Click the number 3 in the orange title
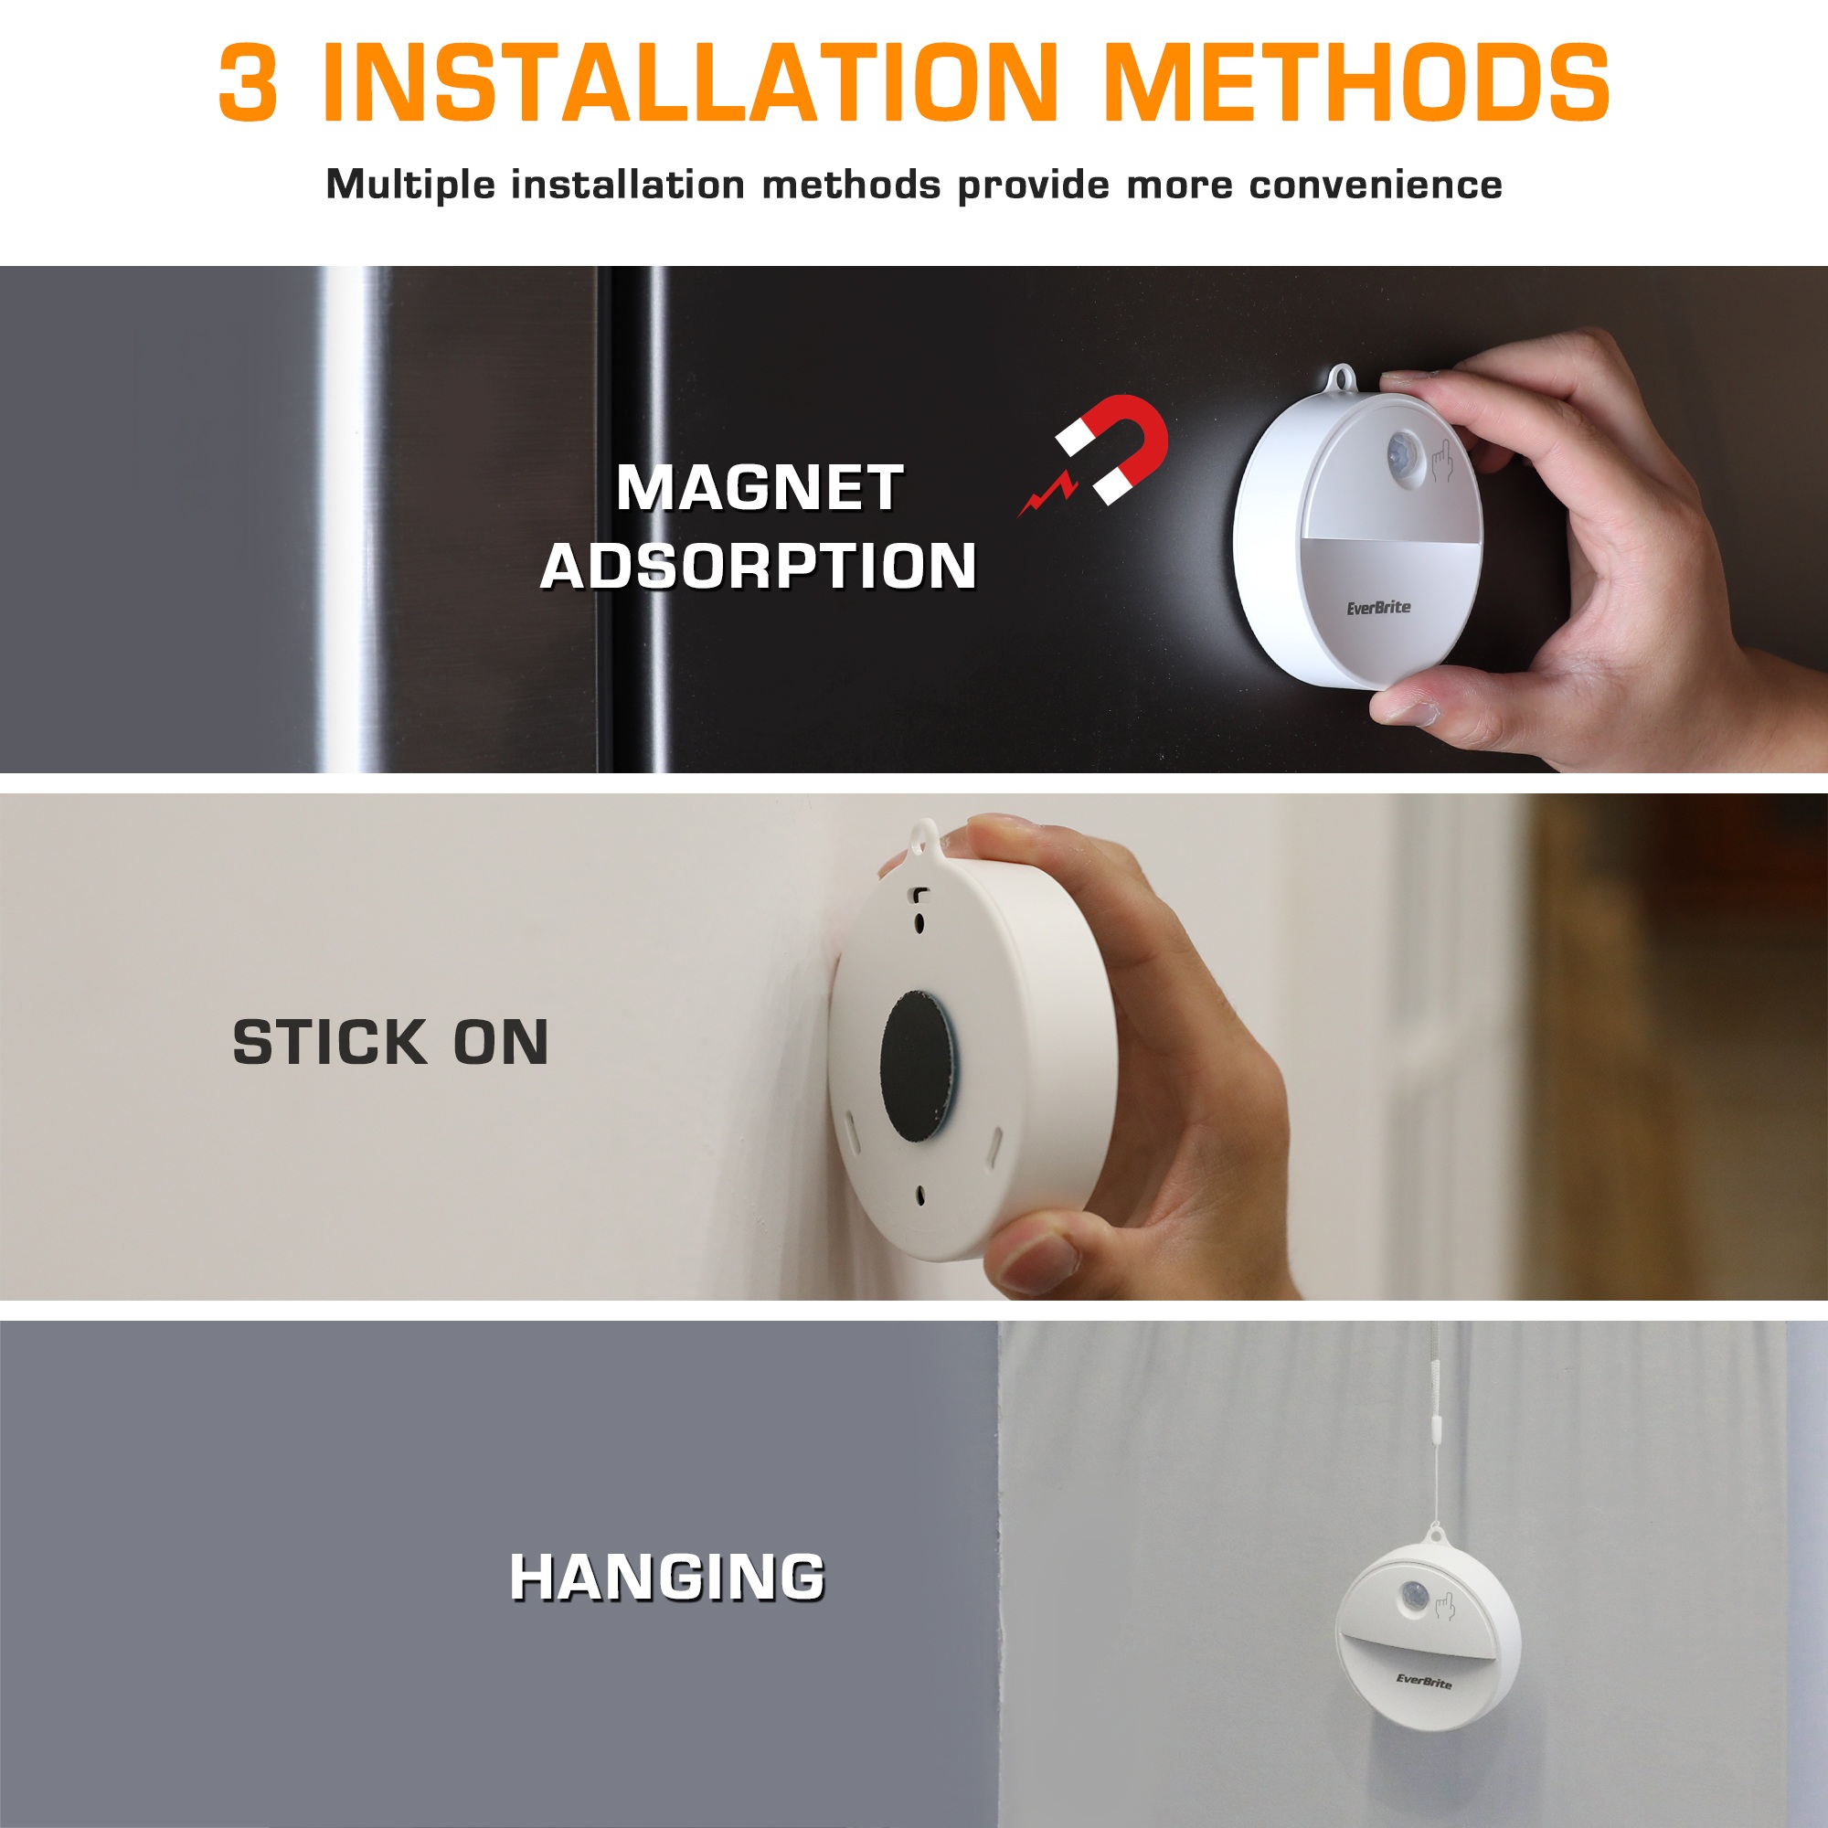(248, 82)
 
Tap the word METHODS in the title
(1355, 82)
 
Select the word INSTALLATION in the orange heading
(689, 82)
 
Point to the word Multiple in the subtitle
(409, 186)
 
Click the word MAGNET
(759, 488)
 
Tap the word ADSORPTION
(758, 566)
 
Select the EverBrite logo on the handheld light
(1378, 608)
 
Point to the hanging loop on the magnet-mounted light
(1342, 378)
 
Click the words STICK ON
(391, 1043)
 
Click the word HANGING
(667, 1578)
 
